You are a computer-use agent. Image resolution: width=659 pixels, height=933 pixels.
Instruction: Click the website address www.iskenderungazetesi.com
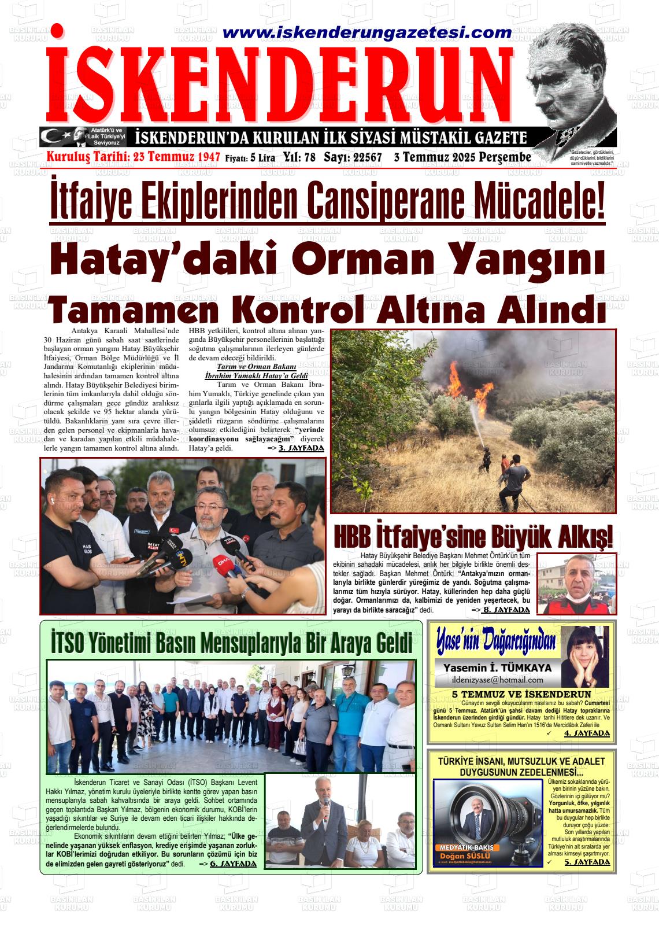point(366,34)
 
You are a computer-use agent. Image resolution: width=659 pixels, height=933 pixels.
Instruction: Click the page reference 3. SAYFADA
point(301,448)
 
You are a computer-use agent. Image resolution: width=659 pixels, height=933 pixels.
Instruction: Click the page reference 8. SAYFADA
point(505,610)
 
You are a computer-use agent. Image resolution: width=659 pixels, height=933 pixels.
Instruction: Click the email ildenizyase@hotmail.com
point(498,680)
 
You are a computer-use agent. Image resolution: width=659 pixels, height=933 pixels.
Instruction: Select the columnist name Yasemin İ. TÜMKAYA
point(497,668)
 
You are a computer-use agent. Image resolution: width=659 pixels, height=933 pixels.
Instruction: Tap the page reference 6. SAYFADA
point(232,864)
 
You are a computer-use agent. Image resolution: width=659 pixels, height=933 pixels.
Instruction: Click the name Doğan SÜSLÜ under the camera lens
point(465,856)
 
